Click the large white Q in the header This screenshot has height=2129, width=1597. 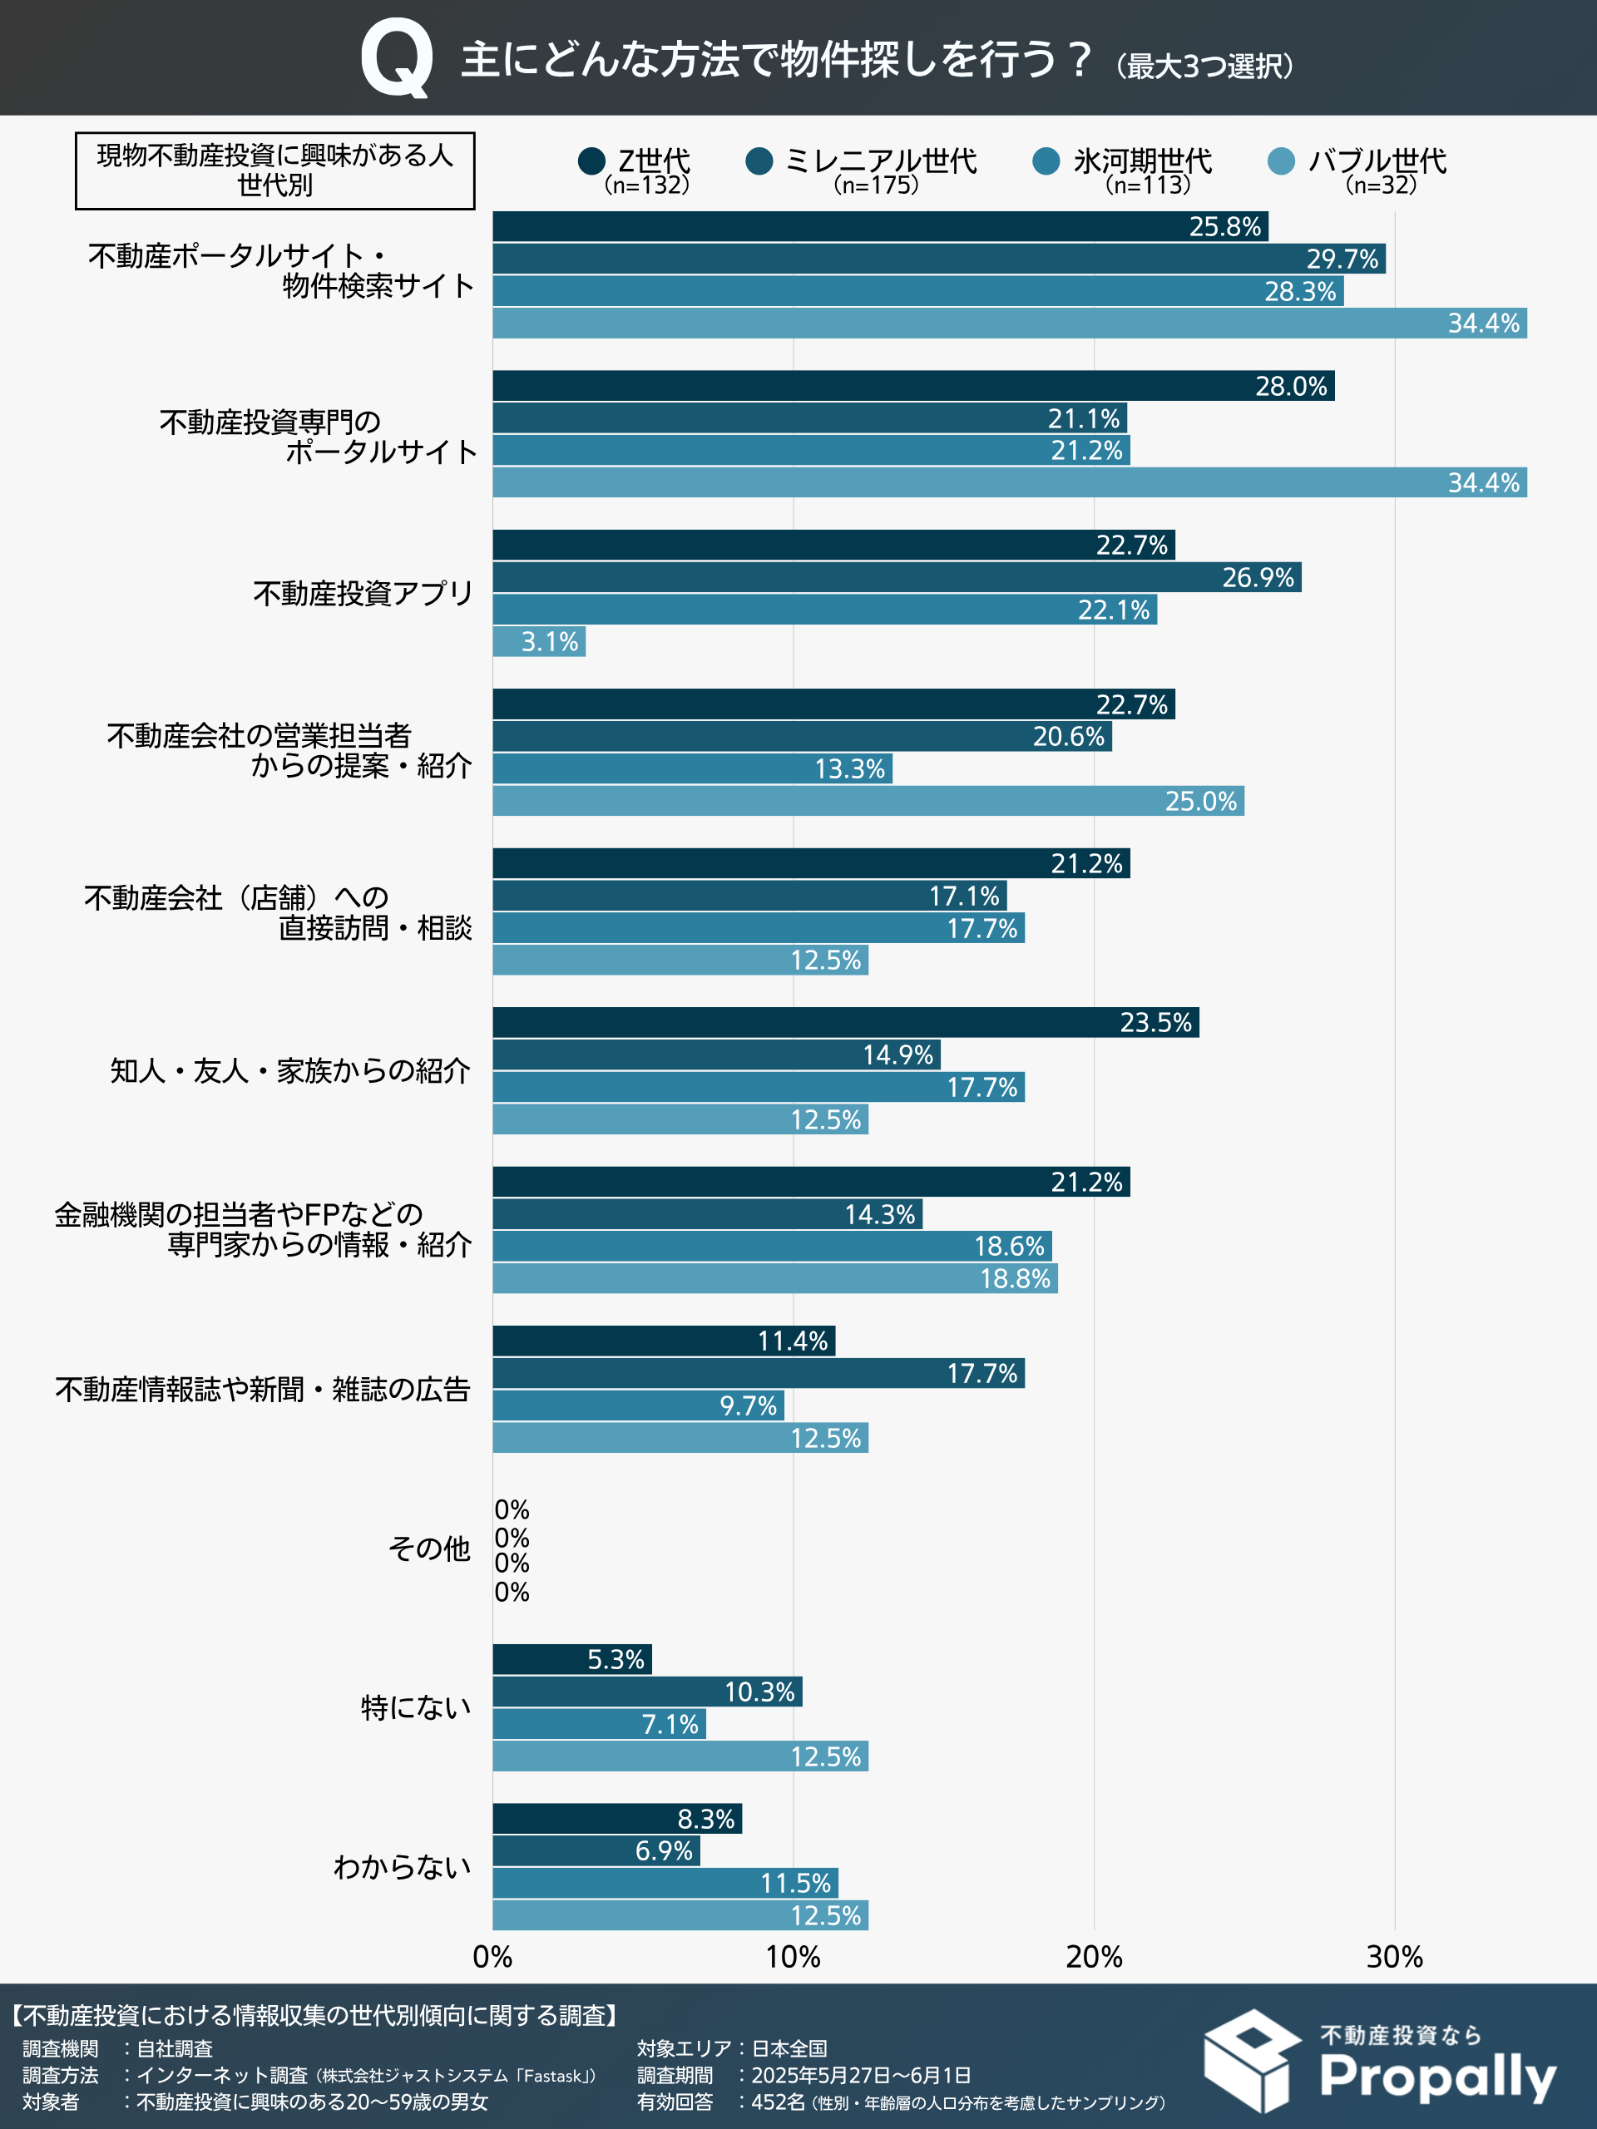pos(396,60)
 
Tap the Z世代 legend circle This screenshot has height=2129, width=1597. pos(591,161)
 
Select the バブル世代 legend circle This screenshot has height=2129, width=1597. pos(1281,161)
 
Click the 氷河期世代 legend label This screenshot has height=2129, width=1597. pos(1143,161)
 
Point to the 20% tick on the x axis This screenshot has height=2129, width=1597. pos(1094,1957)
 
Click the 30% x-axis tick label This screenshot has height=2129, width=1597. pos(1394,1957)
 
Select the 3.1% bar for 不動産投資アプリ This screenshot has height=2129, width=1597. pos(539,642)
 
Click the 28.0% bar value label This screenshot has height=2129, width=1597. pos(1290,387)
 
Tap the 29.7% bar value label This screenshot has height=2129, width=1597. pos(1342,259)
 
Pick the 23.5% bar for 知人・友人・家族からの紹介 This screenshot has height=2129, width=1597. pos(845,1022)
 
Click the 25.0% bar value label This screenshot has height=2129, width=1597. pos(1200,802)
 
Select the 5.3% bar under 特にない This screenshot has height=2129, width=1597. pos(571,1659)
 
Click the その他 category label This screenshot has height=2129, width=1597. pos(428,1549)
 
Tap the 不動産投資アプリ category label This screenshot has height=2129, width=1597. pos(363,594)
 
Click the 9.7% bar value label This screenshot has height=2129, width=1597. pos(748,1406)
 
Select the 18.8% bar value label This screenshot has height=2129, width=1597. pos(1015,1279)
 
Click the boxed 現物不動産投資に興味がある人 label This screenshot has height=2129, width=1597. pos(275,170)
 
